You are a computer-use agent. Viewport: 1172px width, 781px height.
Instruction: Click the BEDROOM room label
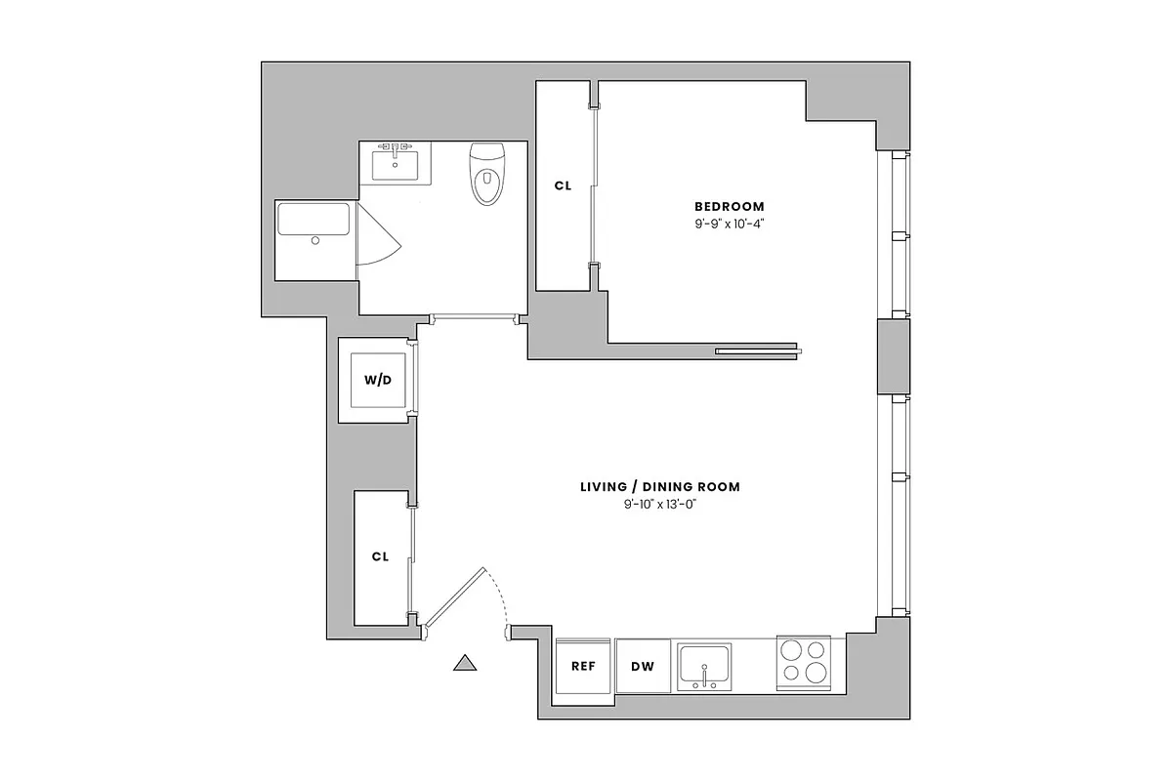pyautogui.click(x=730, y=207)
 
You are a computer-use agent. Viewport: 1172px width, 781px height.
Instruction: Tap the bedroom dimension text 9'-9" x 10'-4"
pyautogui.click(x=730, y=225)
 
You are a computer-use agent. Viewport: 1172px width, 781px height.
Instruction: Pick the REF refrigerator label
pyautogui.click(x=583, y=667)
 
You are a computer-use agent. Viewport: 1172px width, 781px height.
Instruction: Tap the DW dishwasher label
pyautogui.click(x=642, y=667)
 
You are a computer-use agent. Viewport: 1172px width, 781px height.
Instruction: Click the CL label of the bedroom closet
pyautogui.click(x=563, y=185)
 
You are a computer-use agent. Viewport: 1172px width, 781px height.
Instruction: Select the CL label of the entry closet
pyautogui.click(x=380, y=556)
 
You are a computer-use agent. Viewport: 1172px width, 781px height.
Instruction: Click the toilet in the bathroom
pyautogui.click(x=485, y=175)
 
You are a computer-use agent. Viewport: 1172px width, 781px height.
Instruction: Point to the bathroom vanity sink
pyautogui.click(x=396, y=161)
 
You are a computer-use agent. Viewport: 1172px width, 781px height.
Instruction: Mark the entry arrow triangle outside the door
pyautogui.click(x=466, y=663)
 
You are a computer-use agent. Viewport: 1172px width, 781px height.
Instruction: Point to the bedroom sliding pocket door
pyautogui.click(x=758, y=351)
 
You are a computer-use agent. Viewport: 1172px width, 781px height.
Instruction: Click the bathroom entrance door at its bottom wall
pyautogui.click(x=474, y=316)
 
